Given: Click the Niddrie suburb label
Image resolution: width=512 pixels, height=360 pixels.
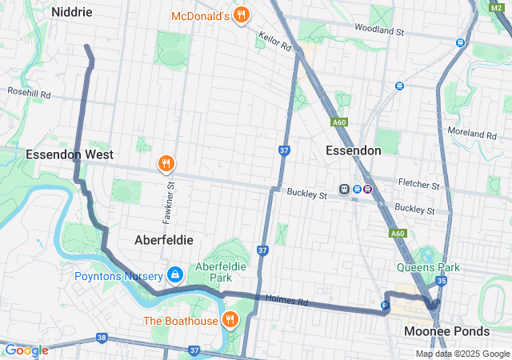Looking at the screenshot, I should coord(72,12).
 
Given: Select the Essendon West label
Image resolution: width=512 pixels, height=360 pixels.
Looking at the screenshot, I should coord(70,154).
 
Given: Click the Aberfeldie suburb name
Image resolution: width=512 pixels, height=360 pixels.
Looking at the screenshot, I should coord(163,239).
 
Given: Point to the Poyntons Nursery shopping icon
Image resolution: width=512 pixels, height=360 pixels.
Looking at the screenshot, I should coord(174,275).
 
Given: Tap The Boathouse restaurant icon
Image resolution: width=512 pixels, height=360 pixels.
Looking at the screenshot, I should coord(230,321).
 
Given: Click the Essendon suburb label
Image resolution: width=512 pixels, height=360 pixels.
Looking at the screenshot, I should coord(354,150).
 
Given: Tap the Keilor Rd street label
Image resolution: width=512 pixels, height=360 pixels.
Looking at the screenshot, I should coord(275,42).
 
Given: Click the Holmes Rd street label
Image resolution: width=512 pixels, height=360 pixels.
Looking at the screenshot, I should coord(292,302).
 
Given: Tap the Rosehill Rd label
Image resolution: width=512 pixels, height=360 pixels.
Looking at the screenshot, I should coord(29,94).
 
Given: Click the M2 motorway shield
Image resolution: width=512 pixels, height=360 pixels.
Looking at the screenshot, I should coord(497,6).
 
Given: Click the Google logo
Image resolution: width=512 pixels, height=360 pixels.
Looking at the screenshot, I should coord(26,350).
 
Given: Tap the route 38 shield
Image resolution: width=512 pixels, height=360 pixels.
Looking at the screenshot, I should coord(101,338).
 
